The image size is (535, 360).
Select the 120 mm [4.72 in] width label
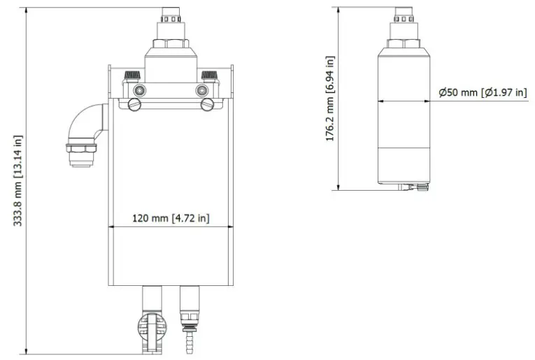coord(171,218)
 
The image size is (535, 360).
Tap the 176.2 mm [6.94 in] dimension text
coord(329,99)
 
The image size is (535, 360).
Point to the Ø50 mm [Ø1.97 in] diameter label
coord(482,92)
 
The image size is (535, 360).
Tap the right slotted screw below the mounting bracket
coord(206,104)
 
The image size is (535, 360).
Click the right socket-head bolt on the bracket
coord(202,89)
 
